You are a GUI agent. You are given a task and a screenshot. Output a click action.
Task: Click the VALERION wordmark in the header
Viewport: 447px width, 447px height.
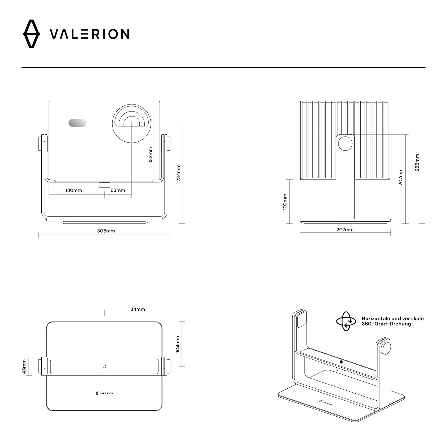pyautogui.click(x=89, y=34)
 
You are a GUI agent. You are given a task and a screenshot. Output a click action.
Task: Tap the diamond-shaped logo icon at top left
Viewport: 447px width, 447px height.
pyautogui.click(x=31, y=34)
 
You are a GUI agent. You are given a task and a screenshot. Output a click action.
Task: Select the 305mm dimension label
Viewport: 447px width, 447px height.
pyautogui.click(x=106, y=231)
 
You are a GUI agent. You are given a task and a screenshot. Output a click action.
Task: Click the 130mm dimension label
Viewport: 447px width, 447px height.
pyautogui.click(x=74, y=190)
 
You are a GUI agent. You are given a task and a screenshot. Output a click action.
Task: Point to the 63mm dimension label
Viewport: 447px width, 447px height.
pyautogui.click(x=118, y=190)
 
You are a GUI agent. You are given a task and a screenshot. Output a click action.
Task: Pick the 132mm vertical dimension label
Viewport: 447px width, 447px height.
pyautogui.click(x=151, y=154)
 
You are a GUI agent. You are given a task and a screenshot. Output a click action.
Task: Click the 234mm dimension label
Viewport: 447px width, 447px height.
pyautogui.click(x=179, y=173)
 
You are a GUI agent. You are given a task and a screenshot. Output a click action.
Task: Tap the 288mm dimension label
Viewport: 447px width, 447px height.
pyautogui.click(x=417, y=162)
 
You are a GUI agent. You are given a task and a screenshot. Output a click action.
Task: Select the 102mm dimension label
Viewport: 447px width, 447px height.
pyautogui.click(x=285, y=202)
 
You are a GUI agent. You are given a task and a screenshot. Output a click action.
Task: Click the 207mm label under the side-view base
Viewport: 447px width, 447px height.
pyautogui.click(x=345, y=230)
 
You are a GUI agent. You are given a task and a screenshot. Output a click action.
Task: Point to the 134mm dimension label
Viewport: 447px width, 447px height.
pyautogui.click(x=137, y=309)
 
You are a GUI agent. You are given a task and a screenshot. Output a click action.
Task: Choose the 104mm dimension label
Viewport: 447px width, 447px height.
pyautogui.click(x=178, y=344)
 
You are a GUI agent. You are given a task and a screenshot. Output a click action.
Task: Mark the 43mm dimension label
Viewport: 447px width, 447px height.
pyautogui.click(x=24, y=366)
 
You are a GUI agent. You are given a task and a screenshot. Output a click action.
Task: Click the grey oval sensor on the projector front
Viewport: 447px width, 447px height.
pyautogui.click(x=78, y=123)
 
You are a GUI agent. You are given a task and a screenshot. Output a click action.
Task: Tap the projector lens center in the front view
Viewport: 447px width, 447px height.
pyautogui.click(x=132, y=123)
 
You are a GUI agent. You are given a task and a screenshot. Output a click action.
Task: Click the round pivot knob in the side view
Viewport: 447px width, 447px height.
pyautogui.click(x=345, y=143)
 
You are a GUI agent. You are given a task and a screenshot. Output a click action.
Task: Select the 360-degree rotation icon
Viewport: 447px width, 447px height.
pyautogui.click(x=346, y=321)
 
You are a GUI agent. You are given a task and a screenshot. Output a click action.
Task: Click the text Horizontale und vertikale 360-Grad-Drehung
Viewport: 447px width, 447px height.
pyautogui.click(x=392, y=321)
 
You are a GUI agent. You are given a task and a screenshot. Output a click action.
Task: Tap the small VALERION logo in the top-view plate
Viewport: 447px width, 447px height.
pyautogui.click(x=104, y=393)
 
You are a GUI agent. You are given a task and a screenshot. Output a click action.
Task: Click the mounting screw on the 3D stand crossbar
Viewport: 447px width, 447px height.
pyautogui.click(x=341, y=362)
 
